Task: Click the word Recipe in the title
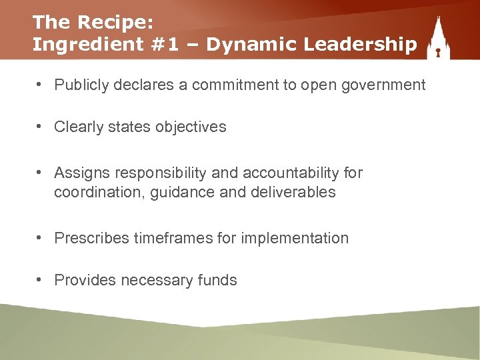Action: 115,22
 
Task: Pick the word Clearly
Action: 78,127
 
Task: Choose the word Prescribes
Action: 91,238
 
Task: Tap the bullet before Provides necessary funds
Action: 41,279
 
